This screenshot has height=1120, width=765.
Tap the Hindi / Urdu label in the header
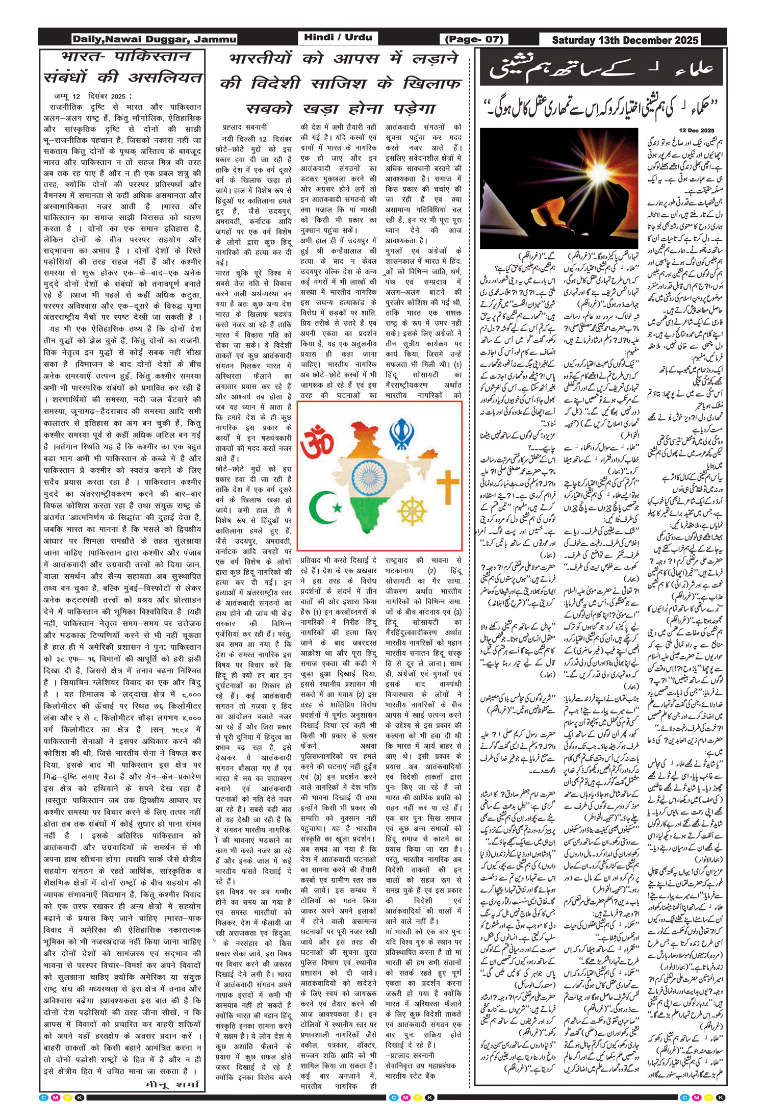337,37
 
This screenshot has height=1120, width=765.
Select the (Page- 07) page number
474,39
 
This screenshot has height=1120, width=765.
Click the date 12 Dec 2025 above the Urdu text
697,131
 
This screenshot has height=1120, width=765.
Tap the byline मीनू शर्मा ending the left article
172,1084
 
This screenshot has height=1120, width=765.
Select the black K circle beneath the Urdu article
721,1098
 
